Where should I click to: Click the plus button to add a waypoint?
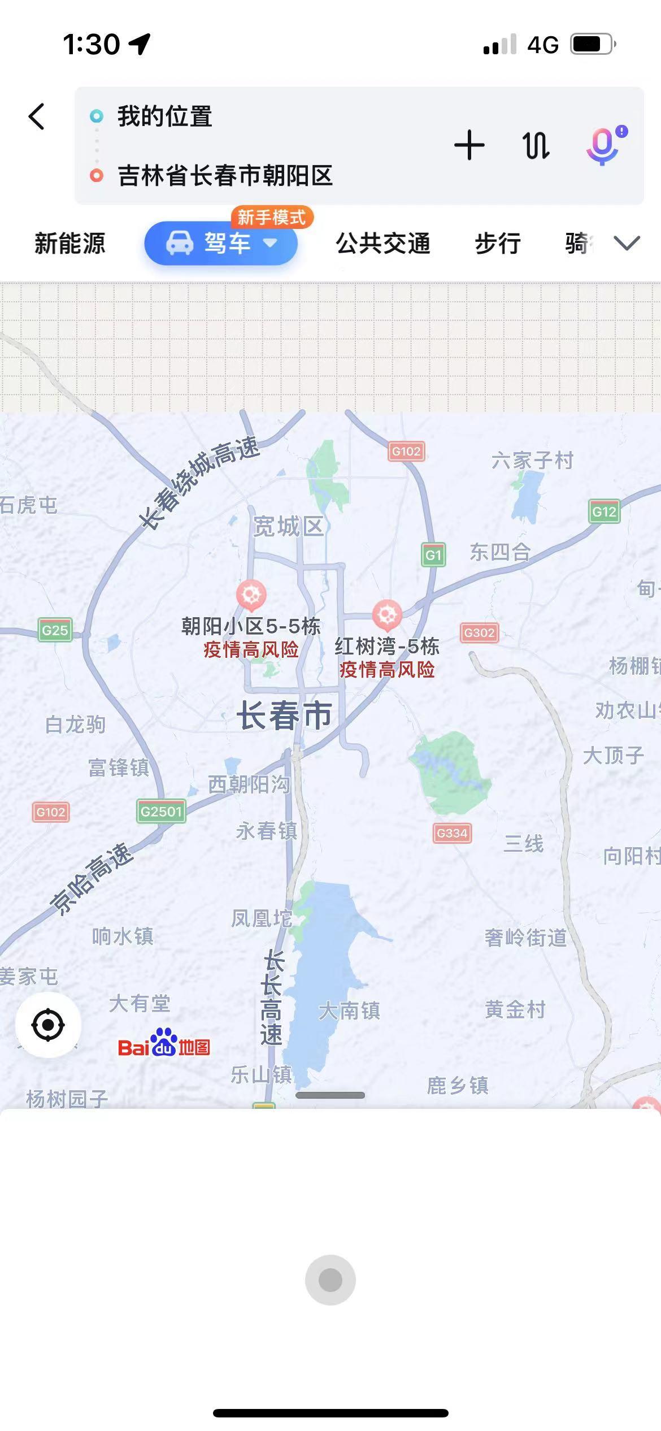(x=469, y=145)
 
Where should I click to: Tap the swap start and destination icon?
(x=536, y=145)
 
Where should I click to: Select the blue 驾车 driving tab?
(x=221, y=244)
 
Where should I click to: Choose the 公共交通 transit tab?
(x=383, y=244)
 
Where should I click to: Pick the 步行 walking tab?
(x=497, y=244)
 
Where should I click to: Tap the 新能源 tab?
(x=70, y=244)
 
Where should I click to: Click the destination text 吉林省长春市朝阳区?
(x=225, y=176)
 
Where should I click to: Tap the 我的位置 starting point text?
(x=164, y=116)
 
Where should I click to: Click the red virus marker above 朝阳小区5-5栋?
(x=251, y=595)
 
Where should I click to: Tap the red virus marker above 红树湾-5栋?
(x=387, y=614)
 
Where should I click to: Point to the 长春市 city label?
(x=284, y=715)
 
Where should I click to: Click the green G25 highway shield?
(x=55, y=630)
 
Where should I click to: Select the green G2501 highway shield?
(x=161, y=812)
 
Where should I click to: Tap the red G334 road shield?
(x=452, y=833)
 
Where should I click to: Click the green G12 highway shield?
(x=603, y=511)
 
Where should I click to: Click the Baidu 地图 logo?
(x=164, y=1043)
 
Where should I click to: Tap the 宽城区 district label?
(x=288, y=527)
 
